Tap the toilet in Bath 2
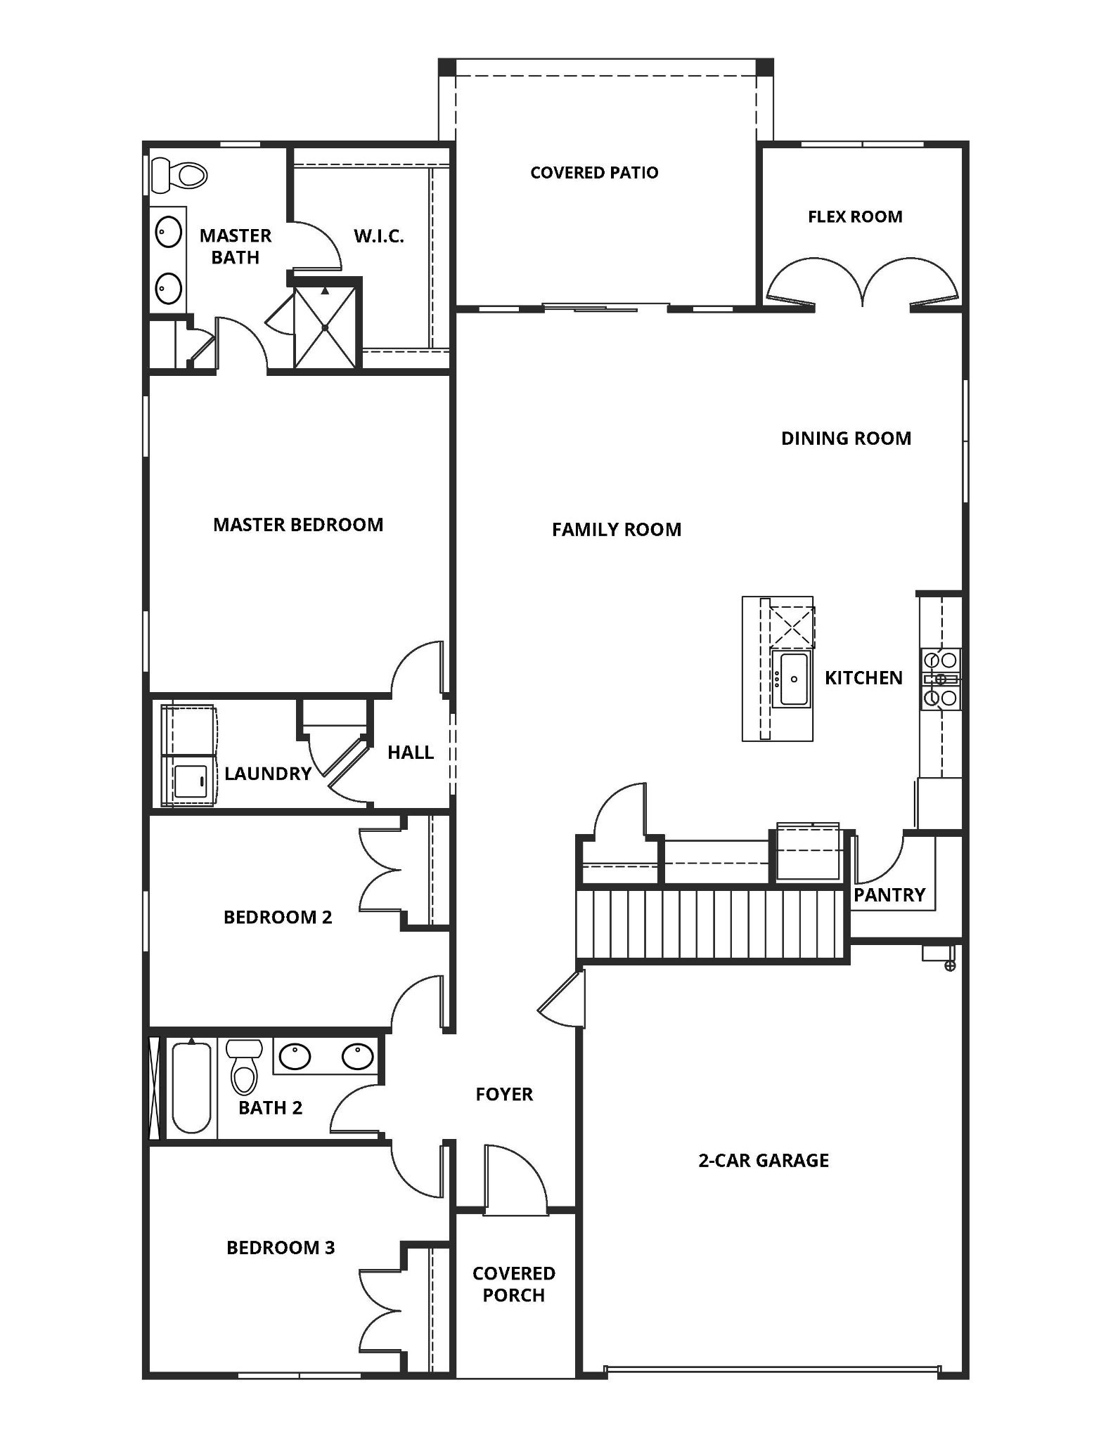click(244, 1068)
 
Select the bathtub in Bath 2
click(191, 1087)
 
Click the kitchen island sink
click(792, 679)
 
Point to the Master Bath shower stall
click(325, 327)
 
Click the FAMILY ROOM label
click(616, 530)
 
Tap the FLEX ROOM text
click(854, 217)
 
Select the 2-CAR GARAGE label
click(763, 1161)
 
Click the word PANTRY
click(889, 895)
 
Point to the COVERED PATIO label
click(594, 173)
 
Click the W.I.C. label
click(378, 237)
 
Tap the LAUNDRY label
click(267, 774)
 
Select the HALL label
click(410, 753)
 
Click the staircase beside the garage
click(710, 924)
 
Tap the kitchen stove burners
click(941, 679)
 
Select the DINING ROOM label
click(846, 438)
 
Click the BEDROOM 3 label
click(280, 1248)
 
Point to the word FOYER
click(503, 1095)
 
